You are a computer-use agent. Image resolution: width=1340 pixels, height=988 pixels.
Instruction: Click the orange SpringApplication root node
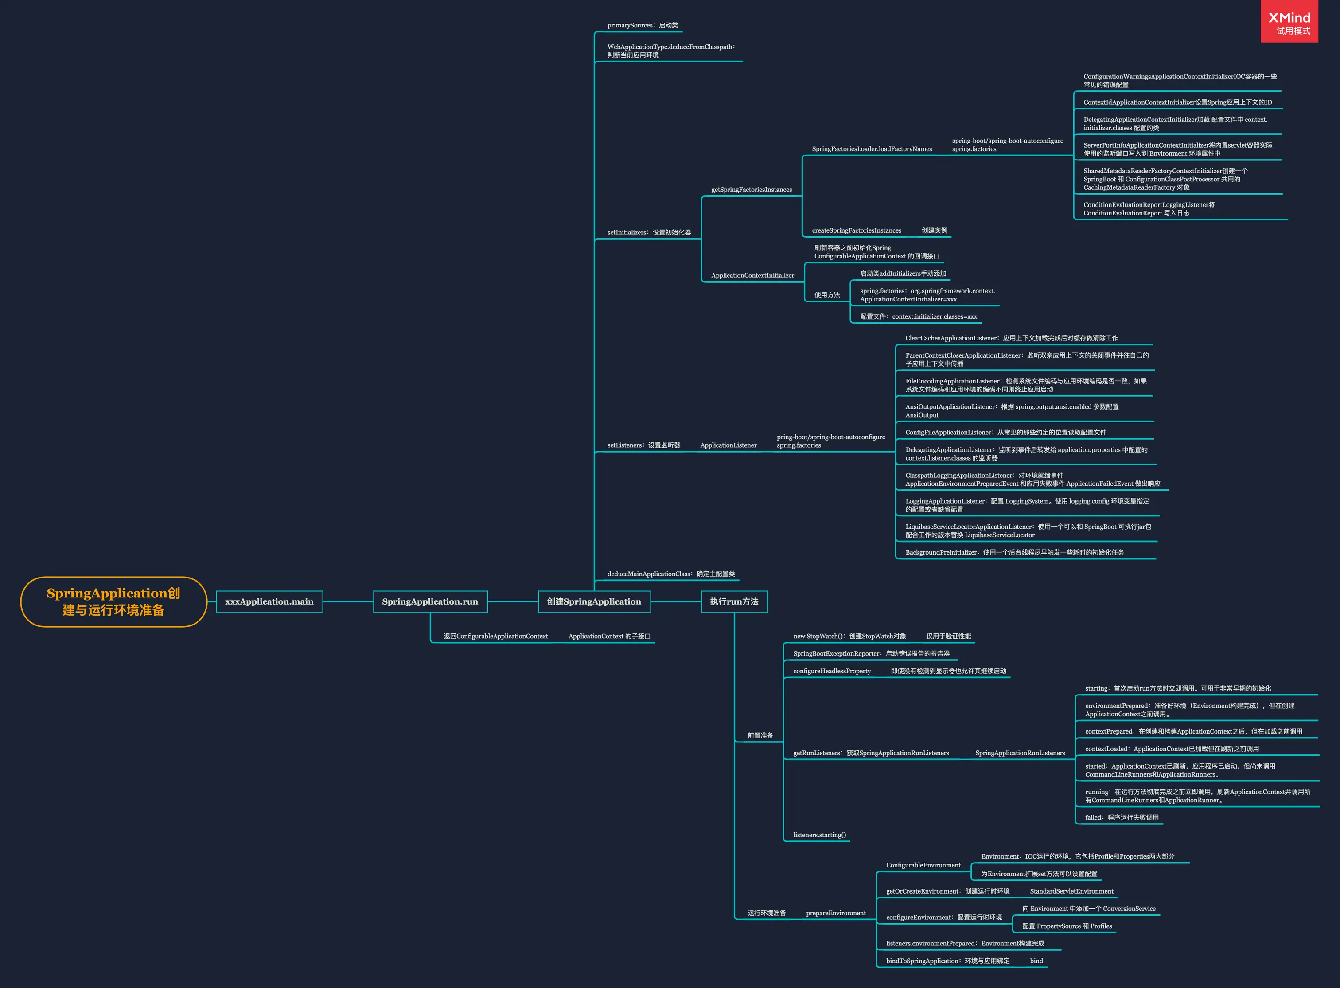(x=113, y=601)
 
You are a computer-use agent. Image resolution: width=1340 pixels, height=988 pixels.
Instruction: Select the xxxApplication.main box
(x=269, y=601)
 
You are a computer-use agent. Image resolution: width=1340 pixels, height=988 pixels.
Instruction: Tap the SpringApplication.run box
(x=430, y=601)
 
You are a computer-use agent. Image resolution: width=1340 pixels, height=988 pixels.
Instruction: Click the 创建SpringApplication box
(x=594, y=601)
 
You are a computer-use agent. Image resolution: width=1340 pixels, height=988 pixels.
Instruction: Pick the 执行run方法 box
(x=734, y=601)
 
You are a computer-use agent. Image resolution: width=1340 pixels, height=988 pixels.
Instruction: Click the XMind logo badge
(x=1289, y=22)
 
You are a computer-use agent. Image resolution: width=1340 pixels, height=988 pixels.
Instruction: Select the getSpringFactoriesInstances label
(x=751, y=190)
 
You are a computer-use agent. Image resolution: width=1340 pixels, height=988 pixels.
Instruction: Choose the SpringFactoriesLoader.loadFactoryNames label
(x=871, y=149)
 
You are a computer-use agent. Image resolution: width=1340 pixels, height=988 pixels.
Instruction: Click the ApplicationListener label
(x=728, y=445)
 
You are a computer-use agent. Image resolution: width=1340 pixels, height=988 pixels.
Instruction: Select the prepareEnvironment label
(x=835, y=913)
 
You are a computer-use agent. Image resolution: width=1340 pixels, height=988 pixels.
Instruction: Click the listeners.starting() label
(x=819, y=835)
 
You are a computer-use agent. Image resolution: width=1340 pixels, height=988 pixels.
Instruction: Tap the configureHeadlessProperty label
(x=832, y=671)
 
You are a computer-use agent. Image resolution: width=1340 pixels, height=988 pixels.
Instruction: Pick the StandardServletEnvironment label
(x=1071, y=891)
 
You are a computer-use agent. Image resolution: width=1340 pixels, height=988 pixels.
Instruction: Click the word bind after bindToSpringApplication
(x=1036, y=961)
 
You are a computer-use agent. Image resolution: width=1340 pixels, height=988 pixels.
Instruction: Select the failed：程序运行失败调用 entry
(x=1122, y=817)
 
